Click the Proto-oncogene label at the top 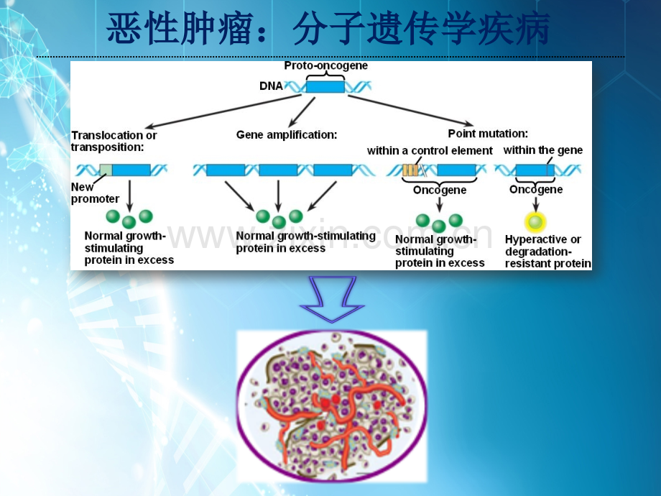click(326, 66)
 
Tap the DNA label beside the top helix click(271, 86)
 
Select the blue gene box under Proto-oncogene click(325, 87)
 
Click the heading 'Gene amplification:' click(287, 135)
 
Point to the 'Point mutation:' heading click(488, 134)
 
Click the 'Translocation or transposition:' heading click(114, 142)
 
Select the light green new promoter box click(106, 170)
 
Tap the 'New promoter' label click(95, 193)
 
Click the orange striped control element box click(410, 170)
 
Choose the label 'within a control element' click(430, 151)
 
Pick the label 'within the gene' click(543, 150)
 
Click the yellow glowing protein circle click(535, 222)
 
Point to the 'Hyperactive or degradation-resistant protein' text click(548, 252)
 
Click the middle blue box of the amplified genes click(278, 170)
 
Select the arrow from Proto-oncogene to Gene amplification click(302, 112)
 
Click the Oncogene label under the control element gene click(440, 190)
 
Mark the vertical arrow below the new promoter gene click(129, 196)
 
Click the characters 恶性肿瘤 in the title click(180, 29)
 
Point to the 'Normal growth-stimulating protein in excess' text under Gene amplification click(305, 242)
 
